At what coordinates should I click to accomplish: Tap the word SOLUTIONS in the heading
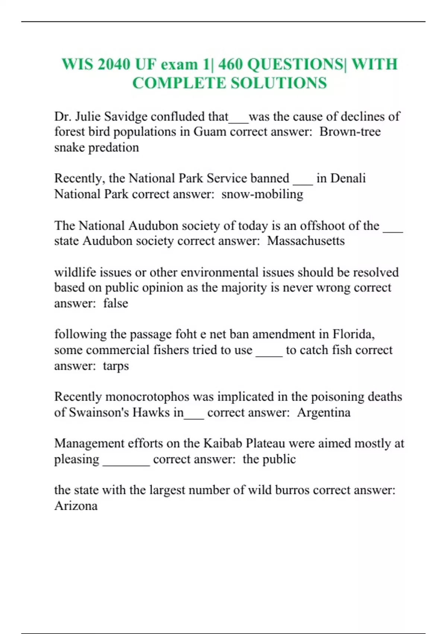279,83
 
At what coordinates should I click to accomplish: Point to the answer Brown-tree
350,132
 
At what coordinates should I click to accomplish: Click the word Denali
348,178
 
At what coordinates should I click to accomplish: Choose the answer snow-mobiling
262,194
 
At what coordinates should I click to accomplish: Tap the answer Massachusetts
306,241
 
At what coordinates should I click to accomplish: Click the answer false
115,303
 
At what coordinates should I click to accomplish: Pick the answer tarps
116,366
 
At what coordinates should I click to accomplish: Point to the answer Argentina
324,412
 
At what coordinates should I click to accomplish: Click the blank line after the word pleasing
126,462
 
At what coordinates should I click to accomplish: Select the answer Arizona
76,506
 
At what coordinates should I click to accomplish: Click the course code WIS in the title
77,64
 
